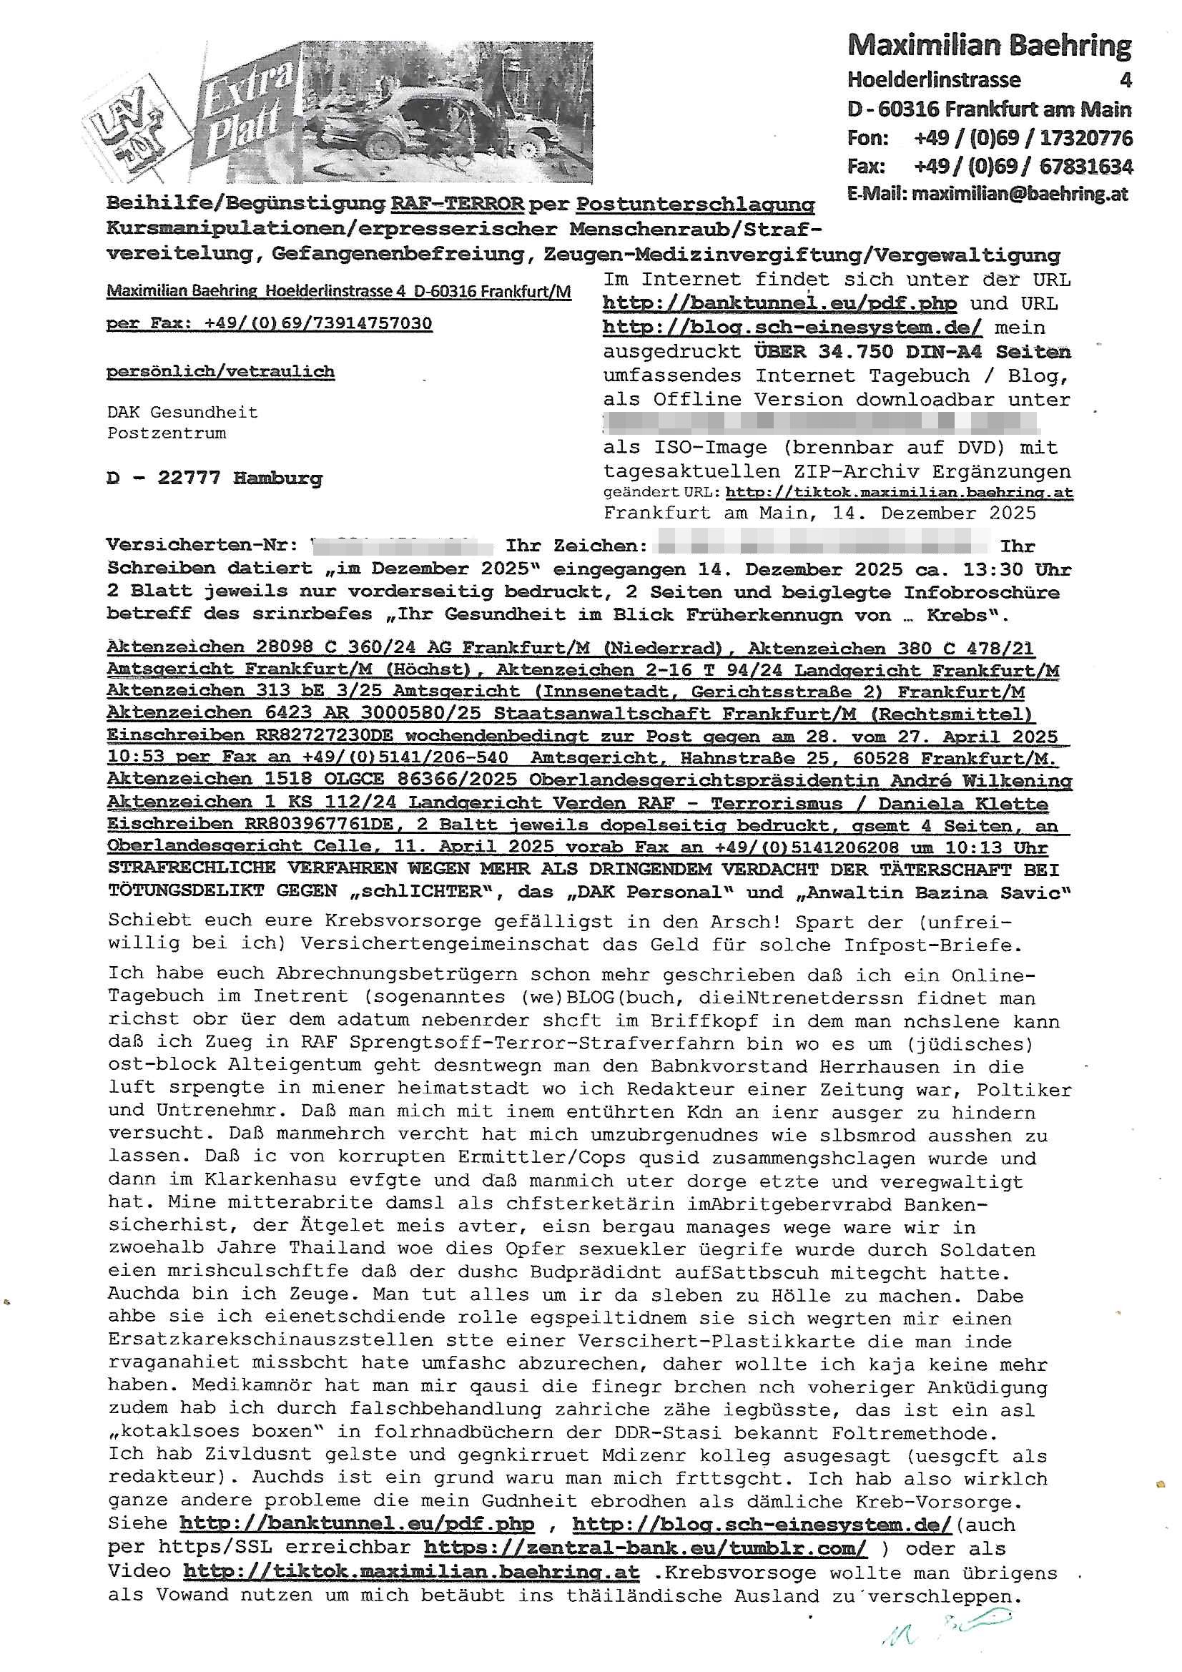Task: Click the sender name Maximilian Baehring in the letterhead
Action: [x=989, y=46]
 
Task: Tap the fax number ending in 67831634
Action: [x=1085, y=167]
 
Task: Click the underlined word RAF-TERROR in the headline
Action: [x=457, y=204]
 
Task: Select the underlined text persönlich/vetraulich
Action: [x=220, y=372]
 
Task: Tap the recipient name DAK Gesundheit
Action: [x=182, y=412]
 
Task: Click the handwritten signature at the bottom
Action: [x=947, y=1630]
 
